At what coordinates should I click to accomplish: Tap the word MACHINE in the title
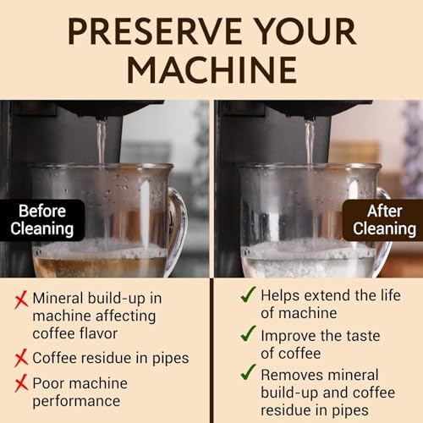pyautogui.click(x=211, y=69)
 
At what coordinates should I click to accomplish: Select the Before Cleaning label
pyautogui.click(x=36, y=219)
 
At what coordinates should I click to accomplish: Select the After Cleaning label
pyautogui.click(x=384, y=219)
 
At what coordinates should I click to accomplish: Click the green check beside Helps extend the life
pyautogui.click(x=247, y=296)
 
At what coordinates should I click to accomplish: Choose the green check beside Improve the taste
pyautogui.click(x=247, y=334)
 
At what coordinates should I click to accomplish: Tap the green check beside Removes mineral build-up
pyautogui.click(x=247, y=373)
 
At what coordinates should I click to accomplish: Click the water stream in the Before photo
pyautogui.click(x=101, y=140)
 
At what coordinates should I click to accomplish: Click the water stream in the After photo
pyautogui.click(x=309, y=140)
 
